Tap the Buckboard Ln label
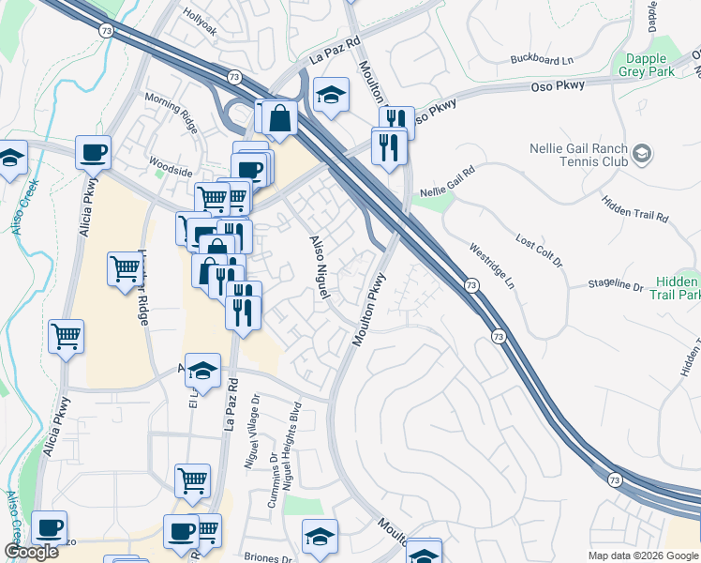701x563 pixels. point(542,60)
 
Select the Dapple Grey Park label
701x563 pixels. point(649,65)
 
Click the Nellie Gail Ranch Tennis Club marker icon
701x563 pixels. point(642,152)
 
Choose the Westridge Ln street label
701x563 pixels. point(492,266)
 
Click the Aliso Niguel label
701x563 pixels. point(321,267)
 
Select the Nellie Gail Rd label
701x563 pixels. point(448,181)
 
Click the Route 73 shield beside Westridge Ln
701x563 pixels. point(470,284)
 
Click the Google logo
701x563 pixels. point(32,552)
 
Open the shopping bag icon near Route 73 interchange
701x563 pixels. point(279,118)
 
